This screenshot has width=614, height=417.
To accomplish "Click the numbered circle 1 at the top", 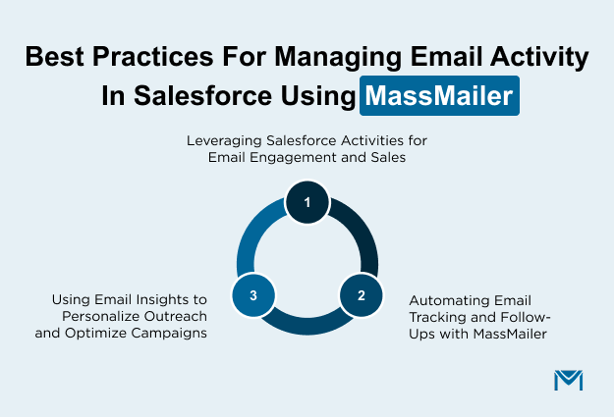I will coord(307,203).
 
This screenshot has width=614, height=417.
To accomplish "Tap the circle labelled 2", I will coord(361,294).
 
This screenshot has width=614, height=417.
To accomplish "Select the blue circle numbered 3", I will coord(253,294).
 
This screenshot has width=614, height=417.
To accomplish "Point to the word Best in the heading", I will coord(53,58).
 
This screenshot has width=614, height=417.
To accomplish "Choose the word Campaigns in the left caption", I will coord(175,332).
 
